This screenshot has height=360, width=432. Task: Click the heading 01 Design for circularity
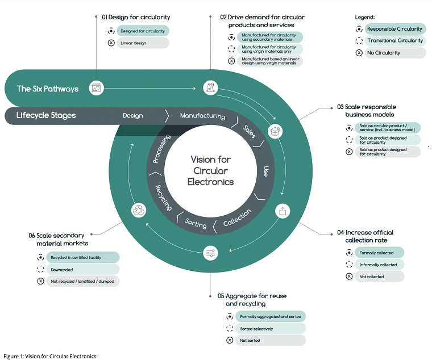[x=136, y=18]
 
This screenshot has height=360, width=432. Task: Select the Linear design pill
[x=143, y=43]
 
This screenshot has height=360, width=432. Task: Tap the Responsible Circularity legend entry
[x=394, y=29]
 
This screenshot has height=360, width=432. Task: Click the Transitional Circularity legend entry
[x=394, y=41]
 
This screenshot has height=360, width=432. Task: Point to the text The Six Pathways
[x=47, y=89]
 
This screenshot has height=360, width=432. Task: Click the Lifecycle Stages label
[x=46, y=116]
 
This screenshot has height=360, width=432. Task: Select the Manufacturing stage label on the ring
[x=202, y=116]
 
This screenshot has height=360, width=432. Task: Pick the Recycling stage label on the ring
[x=163, y=198]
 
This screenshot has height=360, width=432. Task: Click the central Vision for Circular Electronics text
[x=210, y=171]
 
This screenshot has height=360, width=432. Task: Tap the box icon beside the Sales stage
[x=275, y=131]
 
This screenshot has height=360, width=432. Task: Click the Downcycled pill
[x=82, y=269]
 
